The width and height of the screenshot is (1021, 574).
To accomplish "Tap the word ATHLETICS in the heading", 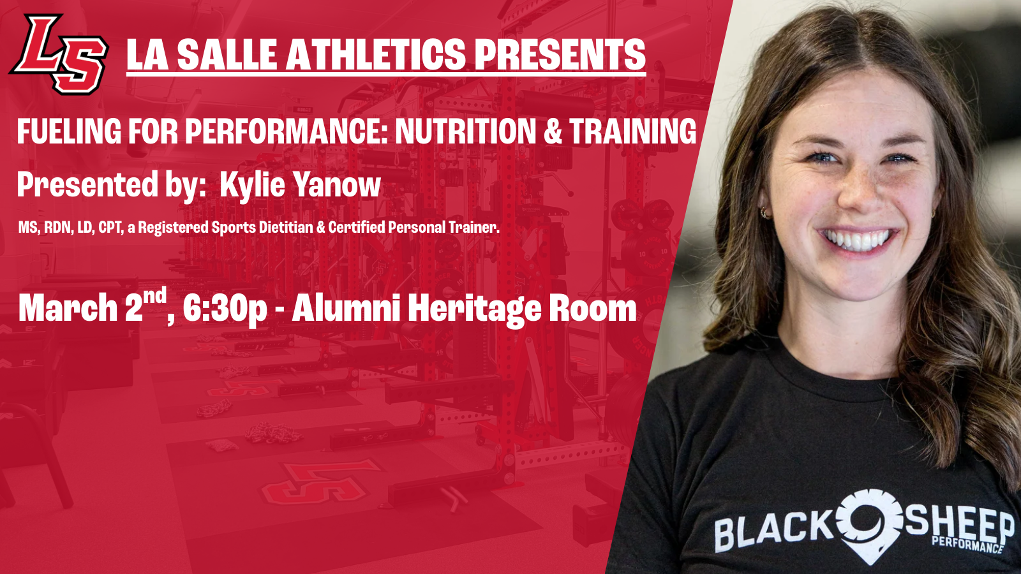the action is click(376, 54).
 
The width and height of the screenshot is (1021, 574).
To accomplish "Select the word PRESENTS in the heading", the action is click(560, 54).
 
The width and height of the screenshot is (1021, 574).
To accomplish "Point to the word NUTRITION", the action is click(465, 131).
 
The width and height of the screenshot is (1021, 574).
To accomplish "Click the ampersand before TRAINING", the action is click(553, 131).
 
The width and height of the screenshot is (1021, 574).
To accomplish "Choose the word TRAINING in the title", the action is click(632, 131).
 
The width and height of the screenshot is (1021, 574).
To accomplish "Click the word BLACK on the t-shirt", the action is click(773, 530).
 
